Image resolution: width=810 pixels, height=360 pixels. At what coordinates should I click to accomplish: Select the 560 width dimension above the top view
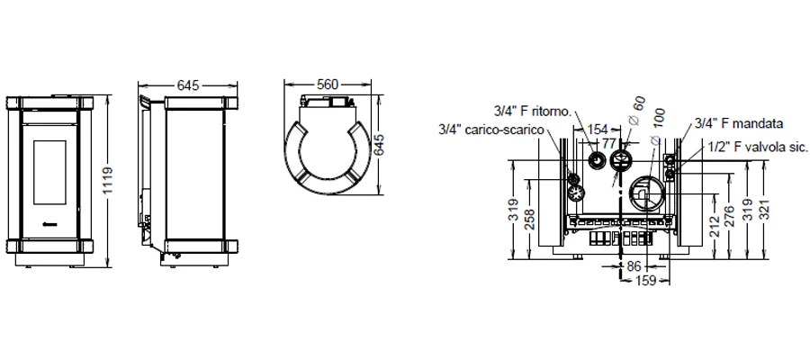coord(328,85)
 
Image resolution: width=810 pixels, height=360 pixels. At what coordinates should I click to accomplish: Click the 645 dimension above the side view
coord(188,85)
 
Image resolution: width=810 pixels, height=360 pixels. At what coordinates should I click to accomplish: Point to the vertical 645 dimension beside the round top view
coord(379,146)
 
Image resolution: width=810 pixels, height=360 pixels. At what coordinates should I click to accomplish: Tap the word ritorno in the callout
coord(550,111)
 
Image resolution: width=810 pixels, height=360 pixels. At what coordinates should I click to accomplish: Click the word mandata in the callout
coord(759,123)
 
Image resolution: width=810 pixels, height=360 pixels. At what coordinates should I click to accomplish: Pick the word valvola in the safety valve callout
coord(761,148)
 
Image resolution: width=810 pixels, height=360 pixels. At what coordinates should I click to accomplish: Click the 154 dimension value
coord(598,129)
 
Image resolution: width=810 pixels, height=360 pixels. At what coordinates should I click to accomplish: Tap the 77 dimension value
coord(610,142)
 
